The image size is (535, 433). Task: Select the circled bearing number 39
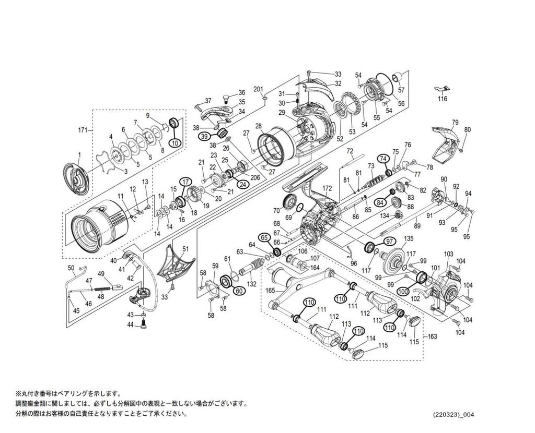pyautogui.click(x=204, y=136)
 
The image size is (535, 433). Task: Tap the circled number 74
pyautogui.click(x=383, y=158)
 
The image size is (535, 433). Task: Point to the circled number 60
pyautogui.click(x=238, y=291)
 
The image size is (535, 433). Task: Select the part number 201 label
pyautogui.click(x=258, y=89)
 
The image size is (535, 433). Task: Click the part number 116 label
pyautogui.click(x=443, y=99)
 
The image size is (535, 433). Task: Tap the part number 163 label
pyautogui.click(x=432, y=336)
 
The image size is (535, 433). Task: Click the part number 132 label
pyautogui.click(x=251, y=284)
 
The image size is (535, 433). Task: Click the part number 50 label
pyautogui.click(x=72, y=268)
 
